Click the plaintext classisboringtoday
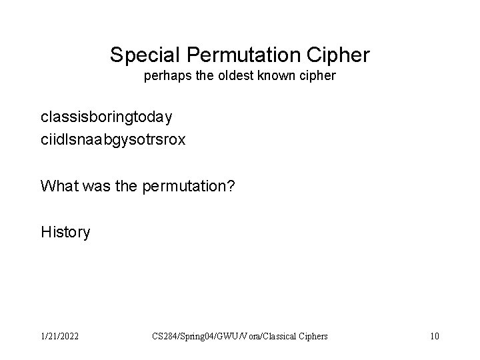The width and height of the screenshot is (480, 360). pos(107,117)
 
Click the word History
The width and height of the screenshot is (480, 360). pos(65,232)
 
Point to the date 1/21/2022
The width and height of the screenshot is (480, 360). pos(58,336)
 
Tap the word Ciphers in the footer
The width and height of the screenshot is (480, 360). pos(311,337)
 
